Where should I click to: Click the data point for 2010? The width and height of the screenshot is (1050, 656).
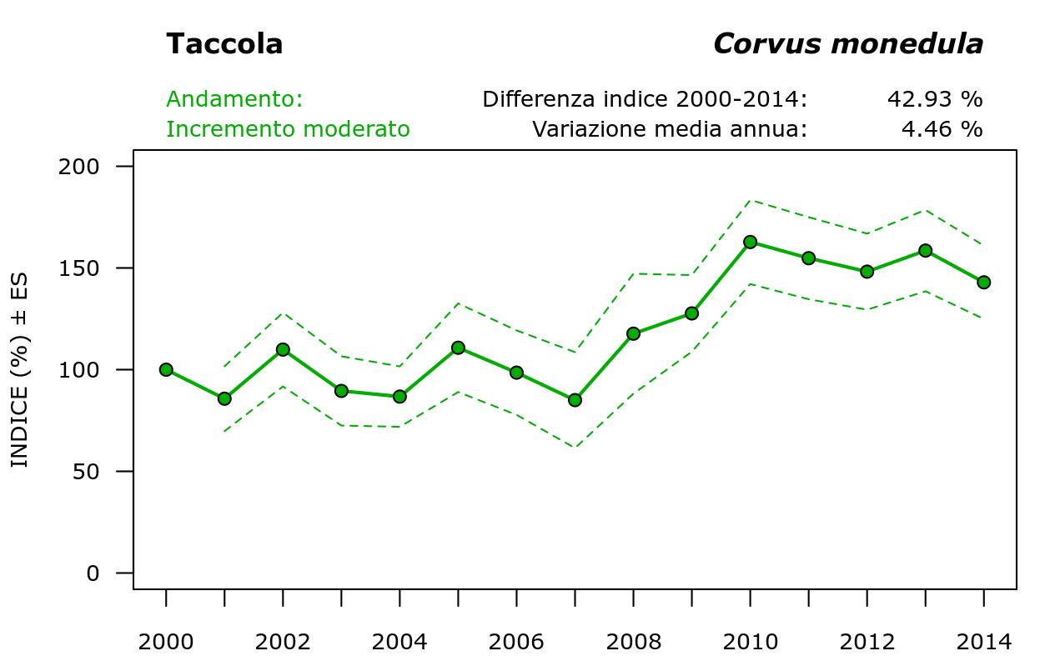tap(750, 242)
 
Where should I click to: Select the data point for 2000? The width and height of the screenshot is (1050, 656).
tap(166, 369)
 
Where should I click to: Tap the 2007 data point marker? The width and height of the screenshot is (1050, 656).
tap(575, 400)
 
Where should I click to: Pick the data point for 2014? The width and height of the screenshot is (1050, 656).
tap(983, 283)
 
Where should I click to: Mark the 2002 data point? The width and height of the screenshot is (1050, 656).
tap(283, 349)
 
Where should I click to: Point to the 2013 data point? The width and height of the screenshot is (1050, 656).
tap(925, 250)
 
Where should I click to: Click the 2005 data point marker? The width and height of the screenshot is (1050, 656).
tap(458, 348)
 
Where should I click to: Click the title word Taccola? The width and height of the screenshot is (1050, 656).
tap(224, 44)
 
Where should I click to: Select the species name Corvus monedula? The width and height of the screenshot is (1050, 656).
tap(847, 44)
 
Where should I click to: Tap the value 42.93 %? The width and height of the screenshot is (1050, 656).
tap(934, 99)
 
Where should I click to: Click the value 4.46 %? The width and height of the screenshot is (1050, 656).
tap(942, 129)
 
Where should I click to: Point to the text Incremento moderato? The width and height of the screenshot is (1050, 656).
tap(288, 129)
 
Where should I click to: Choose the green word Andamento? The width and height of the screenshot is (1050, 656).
tap(234, 99)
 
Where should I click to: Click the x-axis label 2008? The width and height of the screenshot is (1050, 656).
tap(633, 642)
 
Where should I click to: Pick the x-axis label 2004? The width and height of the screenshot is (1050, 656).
tap(399, 642)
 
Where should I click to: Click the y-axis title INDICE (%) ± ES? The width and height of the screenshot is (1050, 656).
tap(19, 369)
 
